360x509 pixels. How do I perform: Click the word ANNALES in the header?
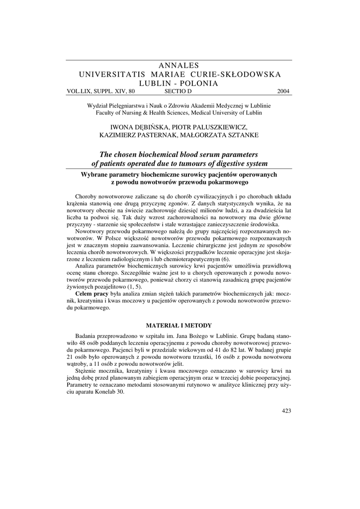(180, 65)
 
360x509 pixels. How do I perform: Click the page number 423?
(286, 411)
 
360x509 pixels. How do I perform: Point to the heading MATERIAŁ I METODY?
(180, 326)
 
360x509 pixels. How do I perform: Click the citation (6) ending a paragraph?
(225, 259)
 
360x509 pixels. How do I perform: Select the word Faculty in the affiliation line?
(106, 113)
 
